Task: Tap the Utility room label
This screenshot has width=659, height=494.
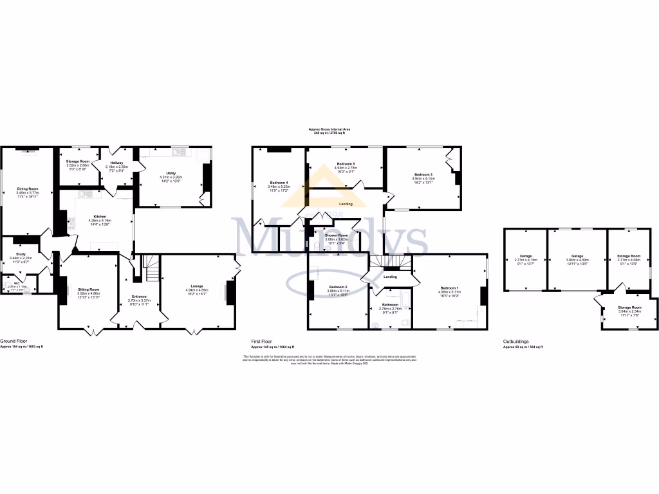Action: [x=171, y=173]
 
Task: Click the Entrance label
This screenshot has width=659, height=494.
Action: [x=139, y=297]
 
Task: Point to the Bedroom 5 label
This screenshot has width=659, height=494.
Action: [x=346, y=164]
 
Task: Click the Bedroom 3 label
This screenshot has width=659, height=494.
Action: [x=423, y=175]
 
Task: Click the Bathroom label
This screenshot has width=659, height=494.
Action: [x=391, y=304]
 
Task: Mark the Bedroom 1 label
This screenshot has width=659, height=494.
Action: [x=449, y=288]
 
